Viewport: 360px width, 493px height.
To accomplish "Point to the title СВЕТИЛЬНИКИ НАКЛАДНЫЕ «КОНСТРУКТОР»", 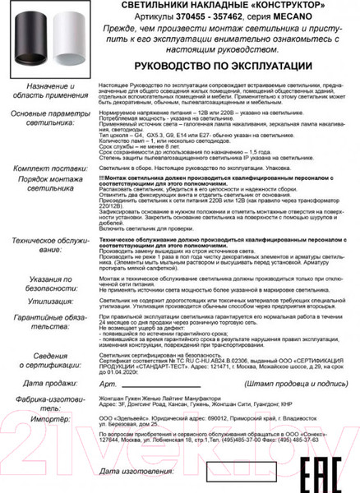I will click(212, 6).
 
